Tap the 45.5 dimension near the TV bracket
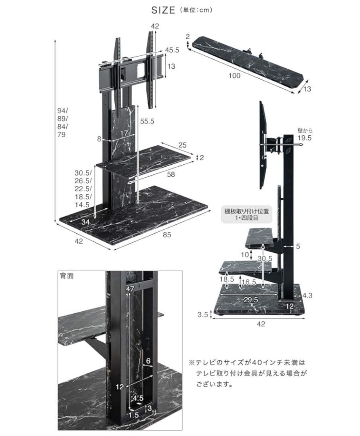172,50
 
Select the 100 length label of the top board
234,76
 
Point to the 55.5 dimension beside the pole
147,121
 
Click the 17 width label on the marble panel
124,133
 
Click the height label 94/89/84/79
63,122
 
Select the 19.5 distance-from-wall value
305,138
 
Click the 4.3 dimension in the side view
308,295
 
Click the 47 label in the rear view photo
130,289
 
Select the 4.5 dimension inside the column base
138,398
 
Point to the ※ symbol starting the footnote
192,363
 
